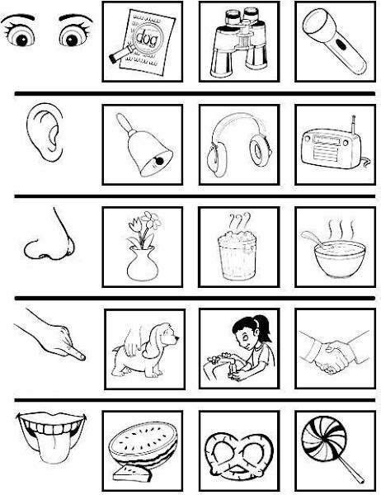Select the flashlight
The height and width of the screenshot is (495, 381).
tap(335, 41)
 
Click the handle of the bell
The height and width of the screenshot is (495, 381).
tap(123, 124)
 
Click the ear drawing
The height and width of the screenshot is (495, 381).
tap(45, 132)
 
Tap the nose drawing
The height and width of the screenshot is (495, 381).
tap(49, 237)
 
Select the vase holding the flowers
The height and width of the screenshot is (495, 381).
tap(143, 264)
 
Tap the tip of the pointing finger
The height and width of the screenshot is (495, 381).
tap(82, 356)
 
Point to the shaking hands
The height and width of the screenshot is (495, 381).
tap(334, 352)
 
